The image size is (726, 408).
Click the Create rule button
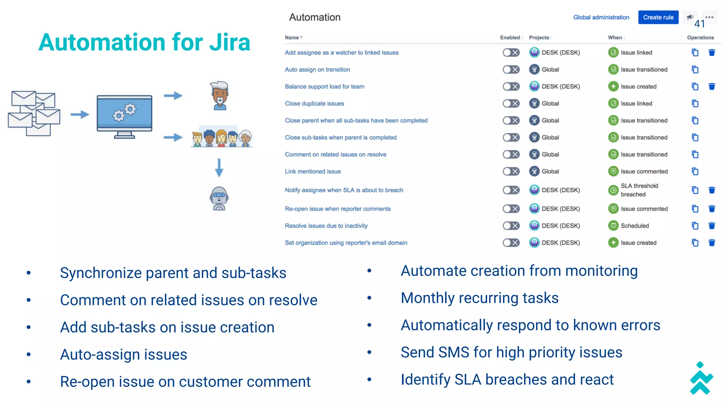[658, 17]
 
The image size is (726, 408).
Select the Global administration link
[601, 17]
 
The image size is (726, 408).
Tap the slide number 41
[699, 24]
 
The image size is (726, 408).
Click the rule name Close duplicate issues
[314, 103]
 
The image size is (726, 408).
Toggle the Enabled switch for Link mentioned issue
[511, 171]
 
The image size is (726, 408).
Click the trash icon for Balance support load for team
[711, 86]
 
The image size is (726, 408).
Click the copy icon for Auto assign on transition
[695, 69]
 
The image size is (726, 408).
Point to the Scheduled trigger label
[635, 226]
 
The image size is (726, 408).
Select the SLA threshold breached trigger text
[639, 190]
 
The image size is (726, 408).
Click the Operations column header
[700, 38]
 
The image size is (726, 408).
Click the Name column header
[292, 38]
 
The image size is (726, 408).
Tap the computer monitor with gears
[124, 116]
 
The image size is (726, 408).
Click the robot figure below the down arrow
[219, 198]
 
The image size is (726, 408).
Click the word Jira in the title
[229, 42]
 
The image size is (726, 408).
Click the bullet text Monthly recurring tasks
[479, 298]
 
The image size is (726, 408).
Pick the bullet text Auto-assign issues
[123, 355]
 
